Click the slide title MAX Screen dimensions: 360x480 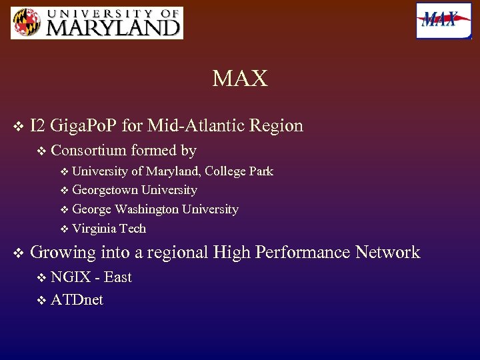tap(240, 79)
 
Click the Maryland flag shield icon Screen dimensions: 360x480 tap(25, 23)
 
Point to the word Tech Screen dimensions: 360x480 tap(133, 228)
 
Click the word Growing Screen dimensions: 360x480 tap(63, 252)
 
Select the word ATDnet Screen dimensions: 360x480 tap(77, 300)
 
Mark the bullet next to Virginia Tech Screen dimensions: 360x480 tap(64, 229)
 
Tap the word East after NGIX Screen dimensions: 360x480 tap(117, 277)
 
